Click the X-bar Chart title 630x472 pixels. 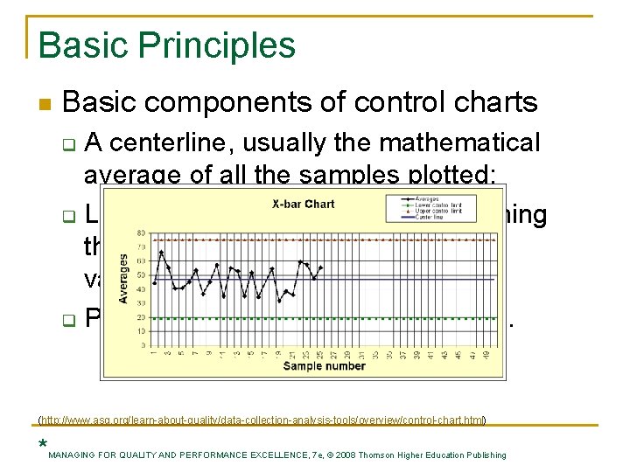[303, 205]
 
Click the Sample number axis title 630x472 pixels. [324, 366]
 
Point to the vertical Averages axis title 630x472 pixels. [123, 279]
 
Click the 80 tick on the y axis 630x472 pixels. [140, 233]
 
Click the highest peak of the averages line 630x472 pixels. [161, 252]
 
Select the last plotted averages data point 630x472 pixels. [321, 267]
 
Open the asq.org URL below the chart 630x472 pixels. [263, 420]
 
